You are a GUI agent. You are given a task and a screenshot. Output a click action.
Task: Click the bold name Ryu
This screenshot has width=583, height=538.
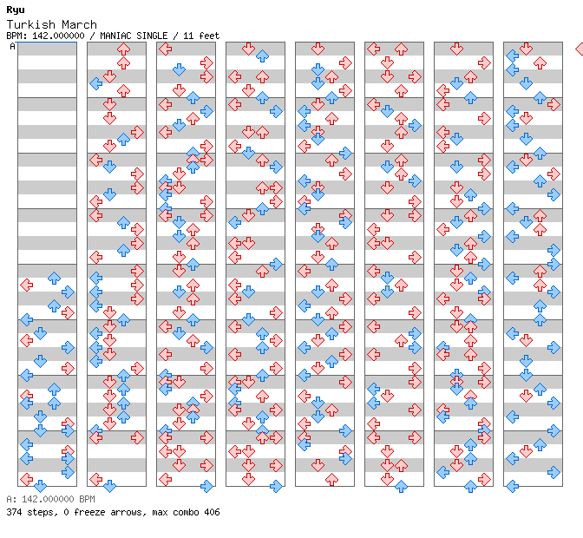(x=15, y=10)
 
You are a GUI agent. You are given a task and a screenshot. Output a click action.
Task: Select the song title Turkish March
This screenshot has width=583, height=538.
(x=51, y=24)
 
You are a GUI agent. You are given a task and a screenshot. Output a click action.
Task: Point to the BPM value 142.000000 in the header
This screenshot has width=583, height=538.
(x=60, y=36)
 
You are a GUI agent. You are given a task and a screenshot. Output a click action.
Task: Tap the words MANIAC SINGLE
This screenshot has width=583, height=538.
(x=133, y=36)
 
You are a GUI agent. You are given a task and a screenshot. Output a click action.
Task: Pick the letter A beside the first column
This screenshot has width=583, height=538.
(x=12, y=47)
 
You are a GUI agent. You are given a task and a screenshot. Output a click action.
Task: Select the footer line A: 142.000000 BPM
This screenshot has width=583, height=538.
(x=50, y=500)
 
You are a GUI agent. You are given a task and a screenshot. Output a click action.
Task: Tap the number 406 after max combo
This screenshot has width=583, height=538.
(x=211, y=512)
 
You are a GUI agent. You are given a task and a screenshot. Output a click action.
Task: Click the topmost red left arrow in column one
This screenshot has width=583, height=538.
(x=26, y=285)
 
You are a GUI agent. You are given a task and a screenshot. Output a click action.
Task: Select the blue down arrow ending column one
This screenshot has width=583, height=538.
(x=40, y=486)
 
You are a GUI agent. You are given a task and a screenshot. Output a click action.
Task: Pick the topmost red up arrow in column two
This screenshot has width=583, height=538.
(x=123, y=49)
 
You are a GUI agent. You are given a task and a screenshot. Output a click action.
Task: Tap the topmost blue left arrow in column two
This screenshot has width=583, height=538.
(x=95, y=83)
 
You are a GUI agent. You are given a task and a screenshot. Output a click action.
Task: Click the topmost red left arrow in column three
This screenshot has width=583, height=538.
(x=165, y=104)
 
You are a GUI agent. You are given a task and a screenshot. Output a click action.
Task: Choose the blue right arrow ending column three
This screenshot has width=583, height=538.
(x=206, y=465)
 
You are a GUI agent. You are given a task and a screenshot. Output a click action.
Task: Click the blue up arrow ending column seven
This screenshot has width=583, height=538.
(x=470, y=486)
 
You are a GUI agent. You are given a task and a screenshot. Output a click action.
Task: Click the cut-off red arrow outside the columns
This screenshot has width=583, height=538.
(x=580, y=49)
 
